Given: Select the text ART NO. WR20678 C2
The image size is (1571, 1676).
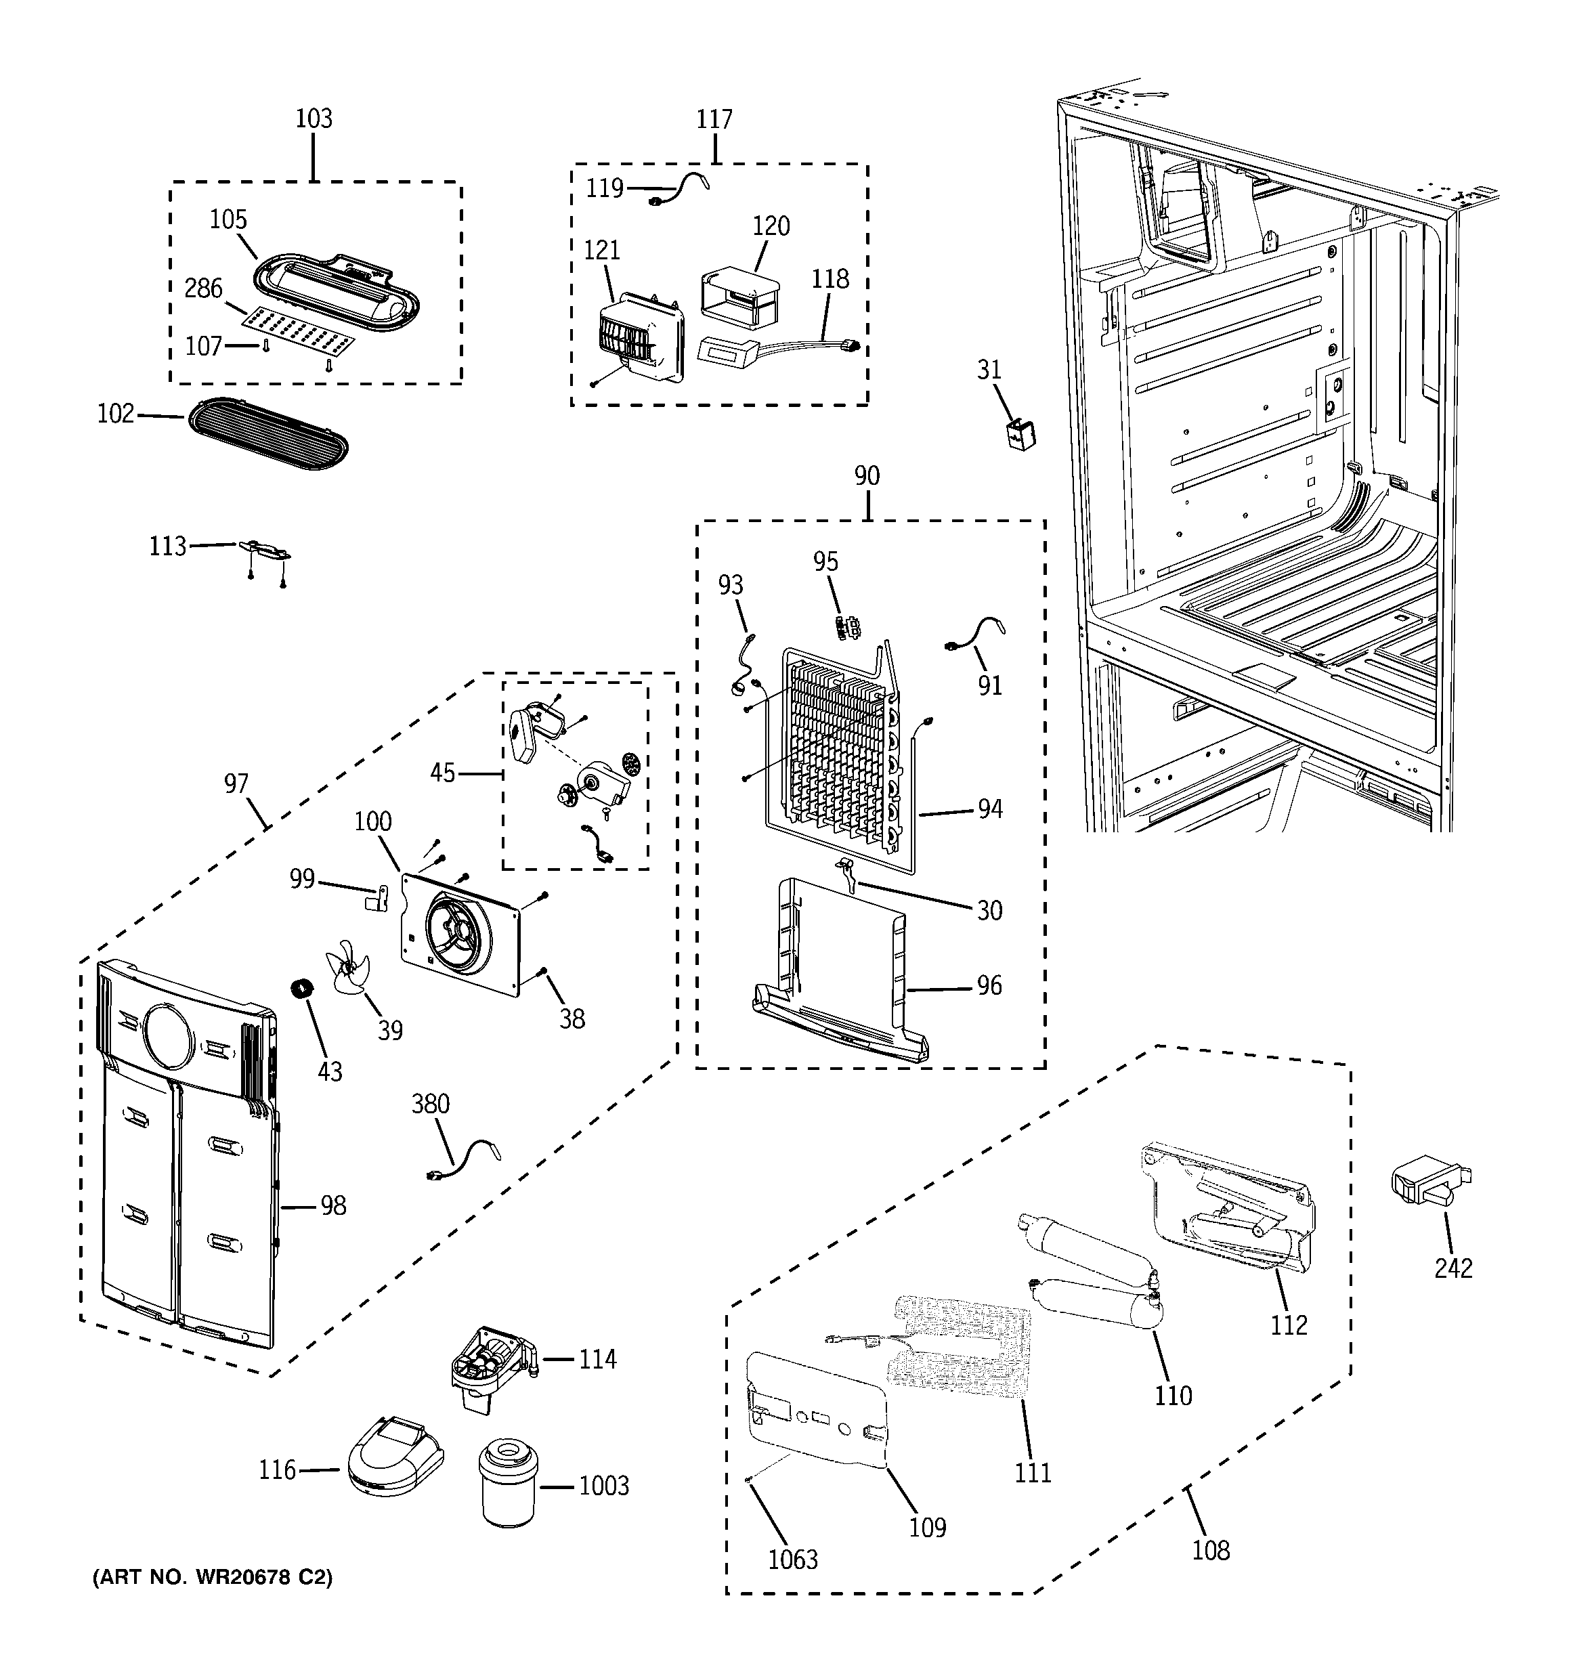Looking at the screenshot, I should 213,1576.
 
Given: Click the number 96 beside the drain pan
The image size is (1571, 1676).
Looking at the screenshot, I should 989,985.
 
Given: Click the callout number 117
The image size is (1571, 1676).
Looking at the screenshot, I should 714,120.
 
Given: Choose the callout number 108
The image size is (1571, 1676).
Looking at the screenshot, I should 1210,1549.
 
